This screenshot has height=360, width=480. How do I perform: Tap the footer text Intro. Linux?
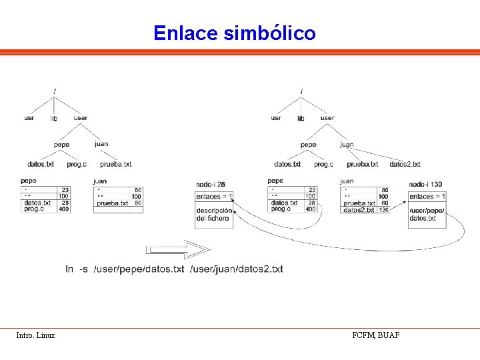35,335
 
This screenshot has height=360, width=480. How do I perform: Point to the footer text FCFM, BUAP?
376,335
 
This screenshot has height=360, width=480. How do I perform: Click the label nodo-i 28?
211,184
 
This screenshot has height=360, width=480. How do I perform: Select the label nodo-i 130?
425,184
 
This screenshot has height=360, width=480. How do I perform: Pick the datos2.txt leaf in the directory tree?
405,164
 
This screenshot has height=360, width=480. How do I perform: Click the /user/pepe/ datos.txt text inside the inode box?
427,215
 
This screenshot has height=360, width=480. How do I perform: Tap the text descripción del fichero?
213,215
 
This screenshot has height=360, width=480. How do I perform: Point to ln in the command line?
69,269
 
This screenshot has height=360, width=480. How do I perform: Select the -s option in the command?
83,269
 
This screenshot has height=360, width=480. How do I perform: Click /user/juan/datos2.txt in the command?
237,269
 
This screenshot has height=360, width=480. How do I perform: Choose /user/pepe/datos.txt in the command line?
139,269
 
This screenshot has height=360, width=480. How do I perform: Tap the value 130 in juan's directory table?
384,210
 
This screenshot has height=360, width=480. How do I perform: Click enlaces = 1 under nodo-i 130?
427,197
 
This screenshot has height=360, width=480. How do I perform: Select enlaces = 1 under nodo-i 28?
214,197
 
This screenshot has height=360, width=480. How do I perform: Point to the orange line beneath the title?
240,53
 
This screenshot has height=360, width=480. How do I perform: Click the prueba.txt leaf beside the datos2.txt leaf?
363,164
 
